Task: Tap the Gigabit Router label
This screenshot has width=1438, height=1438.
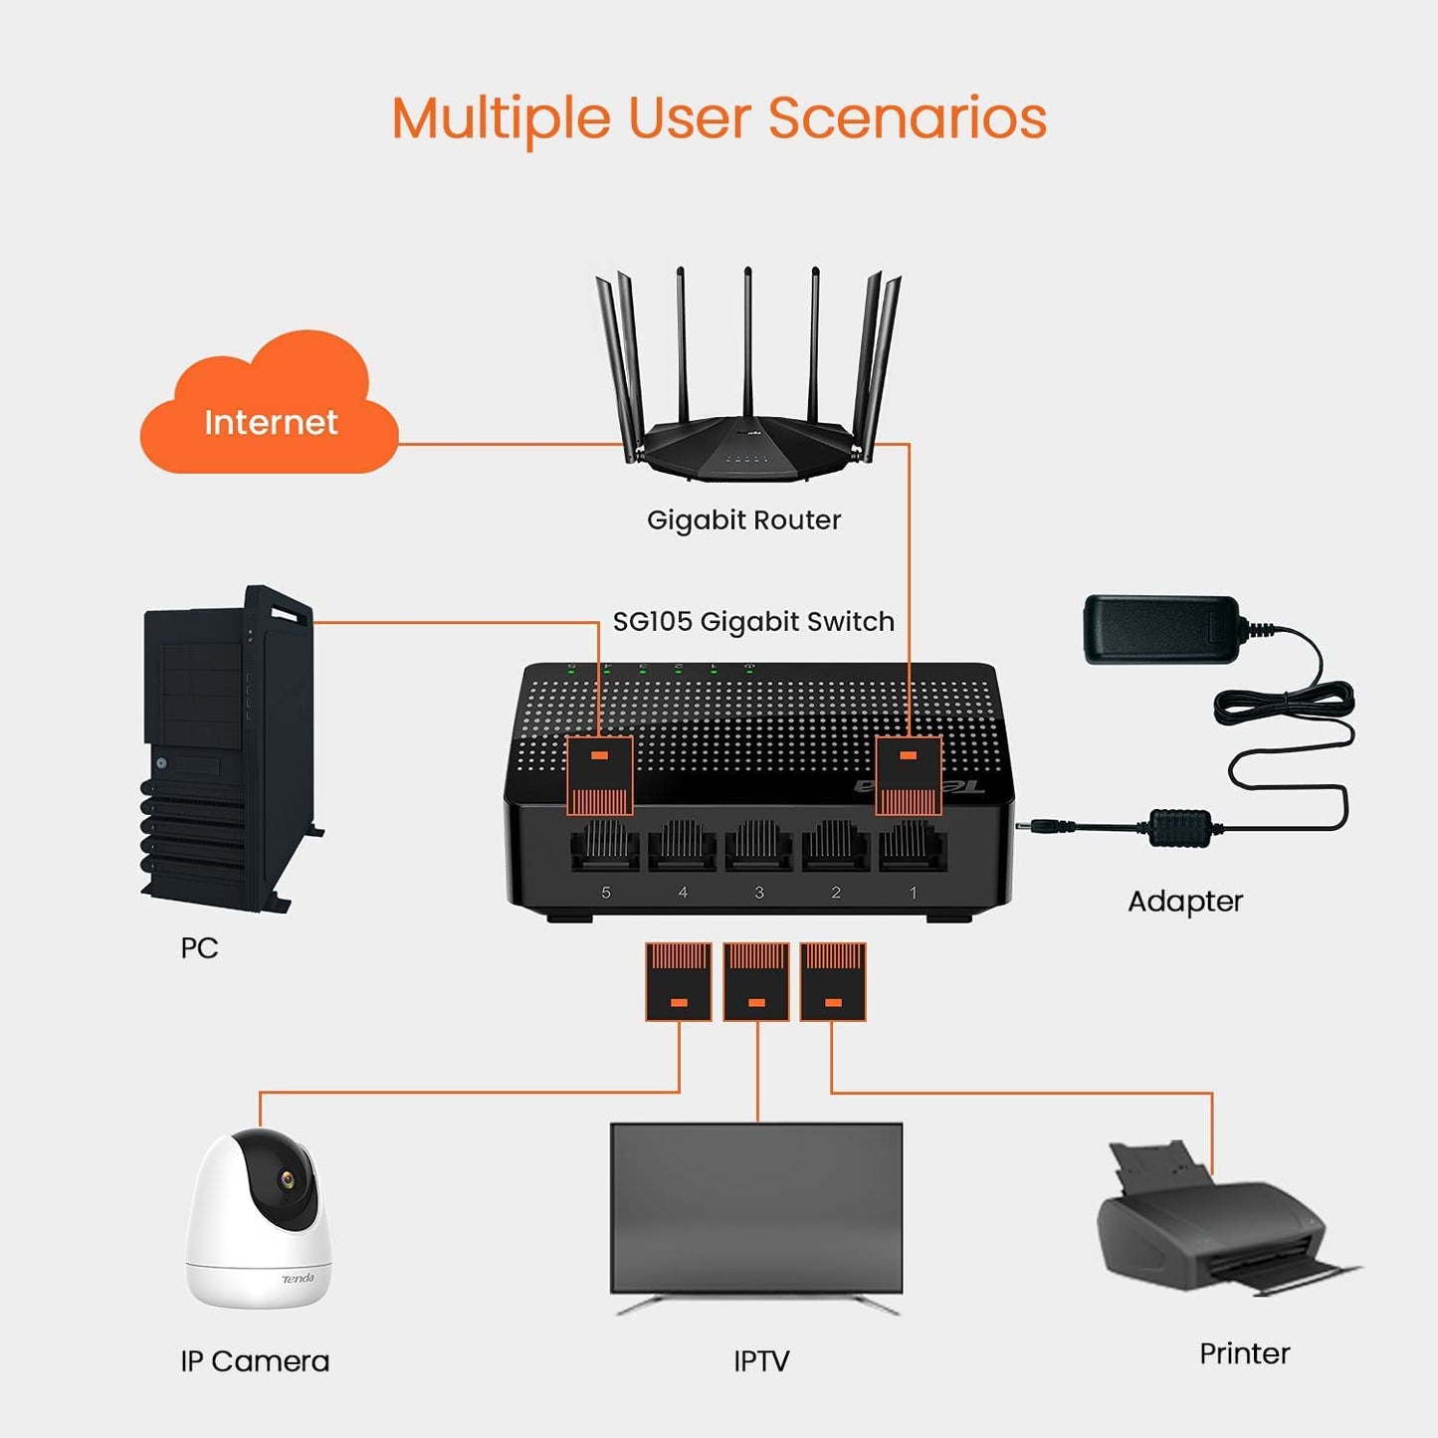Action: click(743, 520)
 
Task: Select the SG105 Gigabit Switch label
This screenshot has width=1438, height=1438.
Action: click(753, 622)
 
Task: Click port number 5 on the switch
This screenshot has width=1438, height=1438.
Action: click(605, 848)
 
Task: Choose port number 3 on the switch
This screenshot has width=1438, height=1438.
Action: click(758, 848)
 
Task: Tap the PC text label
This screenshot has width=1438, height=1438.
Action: click(199, 947)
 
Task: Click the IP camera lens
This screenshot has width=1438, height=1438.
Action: click(287, 1179)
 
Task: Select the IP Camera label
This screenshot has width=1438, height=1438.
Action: click(255, 1361)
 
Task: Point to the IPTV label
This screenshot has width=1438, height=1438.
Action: click(761, 1361)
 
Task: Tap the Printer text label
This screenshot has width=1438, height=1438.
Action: click(1244, 1353)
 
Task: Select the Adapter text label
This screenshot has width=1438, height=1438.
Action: click(1185, 902)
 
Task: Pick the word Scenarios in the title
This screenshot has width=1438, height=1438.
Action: click(907, 118)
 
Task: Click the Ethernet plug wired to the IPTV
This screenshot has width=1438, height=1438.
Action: click(756, 981)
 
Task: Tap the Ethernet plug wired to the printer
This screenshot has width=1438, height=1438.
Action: click(833, 981)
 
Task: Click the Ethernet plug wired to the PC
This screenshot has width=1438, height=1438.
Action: click(600, 775)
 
